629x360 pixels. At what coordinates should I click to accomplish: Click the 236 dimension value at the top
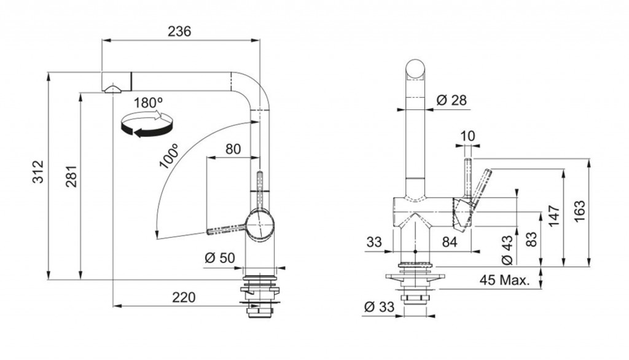tap(179, 31)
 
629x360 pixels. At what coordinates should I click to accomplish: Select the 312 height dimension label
tap(37, 172)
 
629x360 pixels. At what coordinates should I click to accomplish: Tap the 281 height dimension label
tap(71, 176)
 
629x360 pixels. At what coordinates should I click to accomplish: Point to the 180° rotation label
tap(148, 103)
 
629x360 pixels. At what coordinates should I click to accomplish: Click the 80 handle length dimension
tap(233, 149)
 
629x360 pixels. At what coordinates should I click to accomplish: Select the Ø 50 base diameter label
tap(219, 257)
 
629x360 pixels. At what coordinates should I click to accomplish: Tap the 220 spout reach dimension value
tap(184, 297)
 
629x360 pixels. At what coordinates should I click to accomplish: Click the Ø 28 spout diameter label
tap(451, 100)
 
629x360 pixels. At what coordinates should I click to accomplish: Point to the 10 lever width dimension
tap(467, 136)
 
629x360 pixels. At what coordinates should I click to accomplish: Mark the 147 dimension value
tap(554, 216)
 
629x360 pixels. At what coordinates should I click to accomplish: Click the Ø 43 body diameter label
tap(507, 250)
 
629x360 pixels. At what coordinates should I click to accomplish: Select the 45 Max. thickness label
tap(505, 280)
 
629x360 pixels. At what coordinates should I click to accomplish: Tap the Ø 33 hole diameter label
tap(379, 307)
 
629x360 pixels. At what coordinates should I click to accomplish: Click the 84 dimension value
tap(449, 242)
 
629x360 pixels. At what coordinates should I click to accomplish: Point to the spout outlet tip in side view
tap(112, 88)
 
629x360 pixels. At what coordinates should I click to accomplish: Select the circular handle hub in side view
tap(260, 225)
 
